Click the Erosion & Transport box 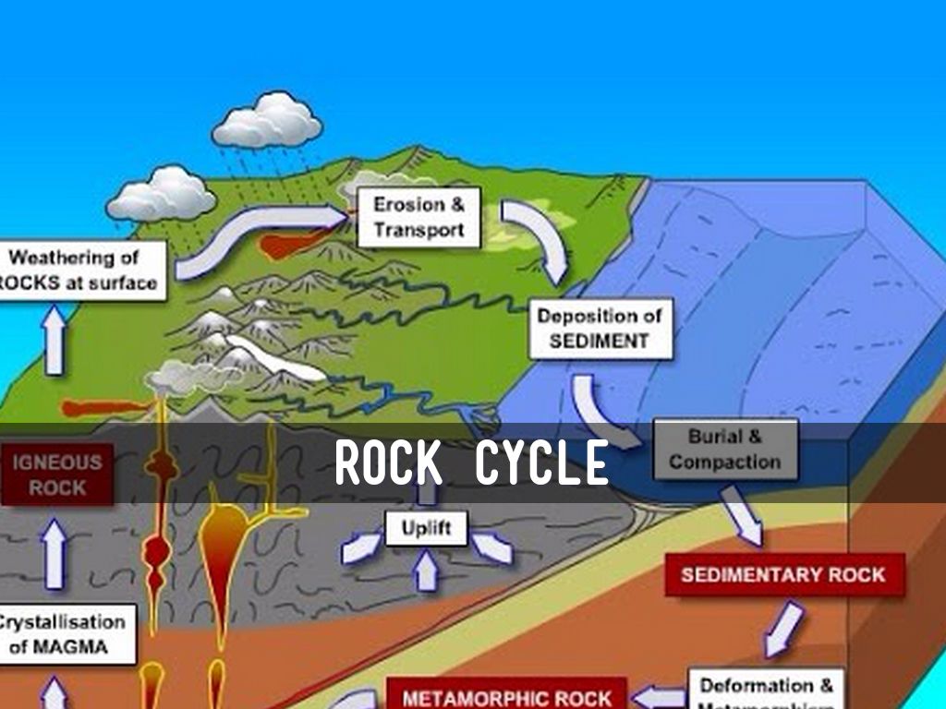click(418, 217)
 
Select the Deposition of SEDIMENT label click(600, 328)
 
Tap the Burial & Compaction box click(725, 449)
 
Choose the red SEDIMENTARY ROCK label click(783, 574)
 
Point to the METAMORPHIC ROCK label click(506, 697)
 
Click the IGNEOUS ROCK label click(57, 474)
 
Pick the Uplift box click(426, 529)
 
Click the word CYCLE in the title click(541, 463)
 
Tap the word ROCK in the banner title click(388, 463)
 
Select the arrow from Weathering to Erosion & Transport click(259, 236)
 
